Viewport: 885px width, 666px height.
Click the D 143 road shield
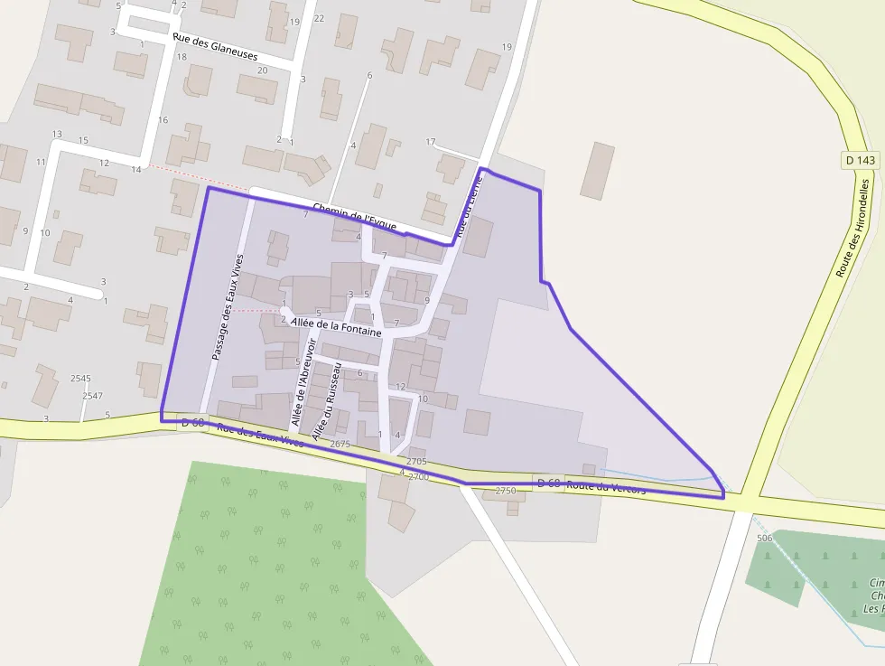click(x=861, y=160)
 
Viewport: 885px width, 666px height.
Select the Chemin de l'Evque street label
click(x=354, y=217)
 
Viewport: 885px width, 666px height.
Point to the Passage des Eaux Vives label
click(x=227, y=308)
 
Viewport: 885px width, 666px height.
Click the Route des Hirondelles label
click(x=853, y=227)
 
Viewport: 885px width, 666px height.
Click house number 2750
click(x=506, y=491)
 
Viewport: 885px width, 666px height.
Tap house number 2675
click(x=340, y=444)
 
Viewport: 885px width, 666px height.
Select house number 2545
click(x=80, y=378)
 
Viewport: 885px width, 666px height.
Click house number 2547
click(x=92, y=396)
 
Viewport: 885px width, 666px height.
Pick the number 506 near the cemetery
click(x=765, y=538)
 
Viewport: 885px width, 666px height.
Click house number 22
click(x=319, y=18)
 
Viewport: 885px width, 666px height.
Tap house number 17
click(x=430, y=142)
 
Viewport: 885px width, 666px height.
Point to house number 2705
click(x=417, y=461)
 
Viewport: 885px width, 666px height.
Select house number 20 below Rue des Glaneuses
click(x=262, y=70)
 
